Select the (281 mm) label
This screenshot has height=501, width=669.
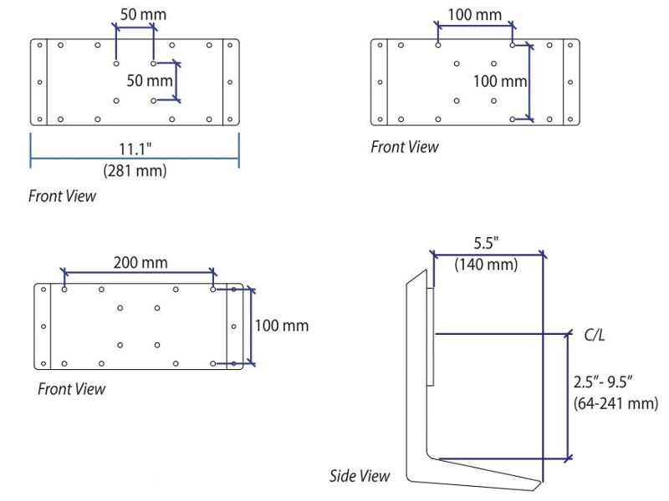(x=135, y=171)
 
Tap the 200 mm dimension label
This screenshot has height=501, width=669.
(x=140, y=262)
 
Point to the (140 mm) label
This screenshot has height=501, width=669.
(x=486, y=265)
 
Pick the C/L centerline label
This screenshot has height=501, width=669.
(x=595, y=334)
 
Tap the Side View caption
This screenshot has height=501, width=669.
(x=360, y=476)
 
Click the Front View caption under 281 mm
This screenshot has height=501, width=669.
(x=62, y=196)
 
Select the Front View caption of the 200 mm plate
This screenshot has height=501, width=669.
(x=72, y=389)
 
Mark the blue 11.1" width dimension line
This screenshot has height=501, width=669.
(x=135, y=136)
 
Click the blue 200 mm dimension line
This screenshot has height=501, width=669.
(x=140, y=272)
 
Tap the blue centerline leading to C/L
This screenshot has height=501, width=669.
(x=502, y=333)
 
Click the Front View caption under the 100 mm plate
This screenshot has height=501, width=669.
(x=405, y=147)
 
